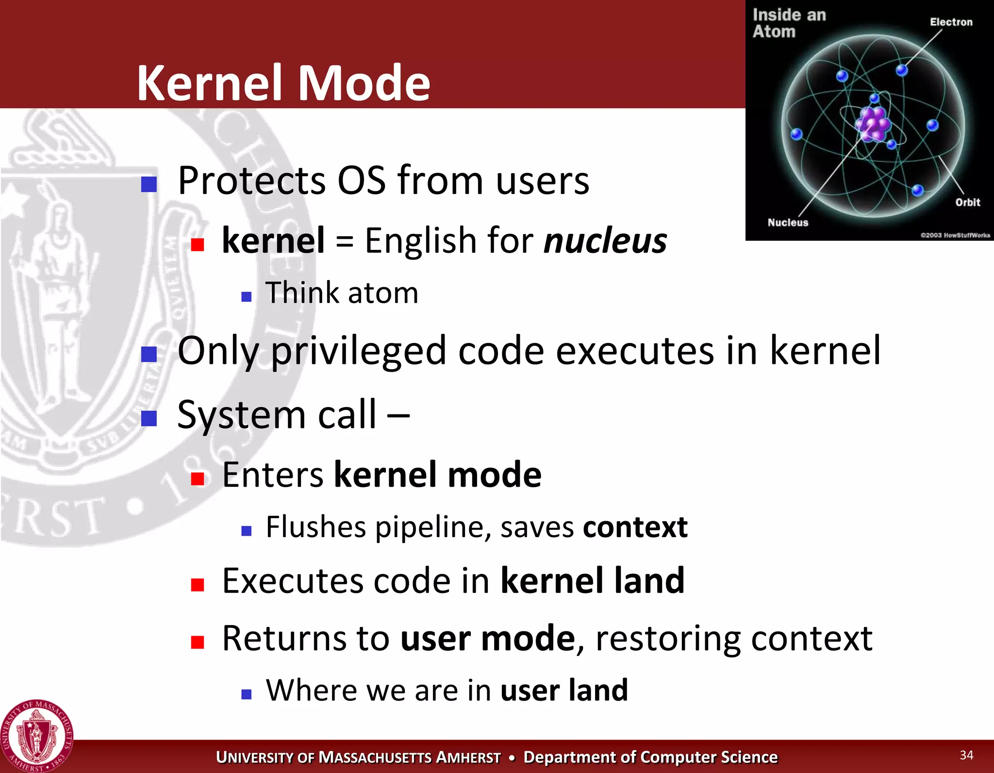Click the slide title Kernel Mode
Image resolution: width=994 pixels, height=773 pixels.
(283, 83)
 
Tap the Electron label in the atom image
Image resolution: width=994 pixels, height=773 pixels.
(951, 22)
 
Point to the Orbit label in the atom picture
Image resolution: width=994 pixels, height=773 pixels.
(967, 202)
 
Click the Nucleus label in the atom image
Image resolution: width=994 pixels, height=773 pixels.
(788, 223)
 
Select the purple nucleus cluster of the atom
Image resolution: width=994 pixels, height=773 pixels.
(874, 124)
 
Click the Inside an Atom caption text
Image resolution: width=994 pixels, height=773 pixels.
(789, 23)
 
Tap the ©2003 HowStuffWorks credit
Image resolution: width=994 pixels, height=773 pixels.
(955, 235)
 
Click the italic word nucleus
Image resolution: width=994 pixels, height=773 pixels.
(605, 241)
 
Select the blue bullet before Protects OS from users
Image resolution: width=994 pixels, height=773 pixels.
(149, 184)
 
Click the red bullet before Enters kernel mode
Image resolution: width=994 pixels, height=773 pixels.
(198, 478)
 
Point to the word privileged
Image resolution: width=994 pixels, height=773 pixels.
(358, 351)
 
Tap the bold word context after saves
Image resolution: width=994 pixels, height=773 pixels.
(635, 527)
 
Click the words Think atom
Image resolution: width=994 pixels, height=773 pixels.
(342, 293)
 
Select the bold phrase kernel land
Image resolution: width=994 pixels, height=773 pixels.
(592, 581)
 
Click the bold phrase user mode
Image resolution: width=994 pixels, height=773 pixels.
(487, 639)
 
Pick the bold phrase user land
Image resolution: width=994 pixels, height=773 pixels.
(564, 691)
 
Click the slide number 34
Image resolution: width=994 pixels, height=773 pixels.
(966, 755)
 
